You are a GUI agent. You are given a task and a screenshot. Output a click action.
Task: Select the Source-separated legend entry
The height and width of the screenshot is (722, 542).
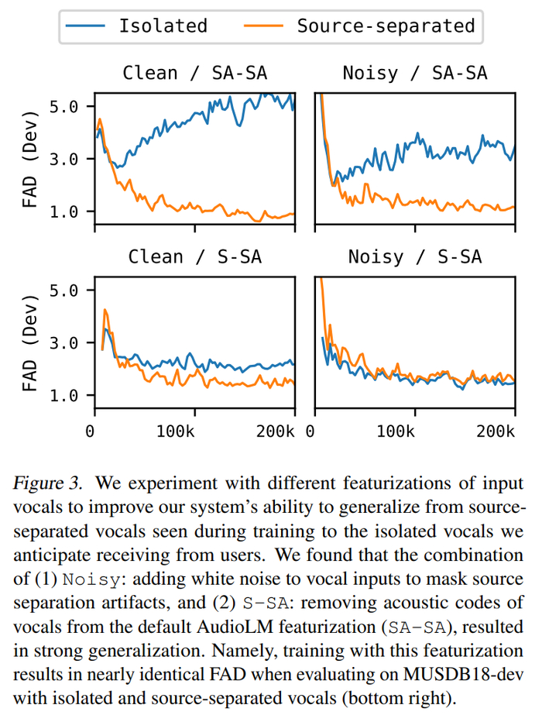click(x=361, y=26)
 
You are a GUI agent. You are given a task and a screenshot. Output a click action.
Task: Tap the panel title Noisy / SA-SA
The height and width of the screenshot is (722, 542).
click(x=415, y=73)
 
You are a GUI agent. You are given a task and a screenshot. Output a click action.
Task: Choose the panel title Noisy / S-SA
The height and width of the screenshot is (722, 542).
click(x=415, y=256)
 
